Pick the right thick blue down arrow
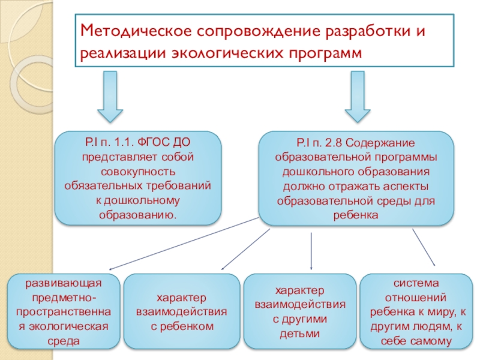(357, 96)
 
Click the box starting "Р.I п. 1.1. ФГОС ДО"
(137, 178)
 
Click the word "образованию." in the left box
(137, 214)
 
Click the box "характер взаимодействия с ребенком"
(182, 312)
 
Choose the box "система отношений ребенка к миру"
(418, 312)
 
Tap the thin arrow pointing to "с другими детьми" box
(311, 251)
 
